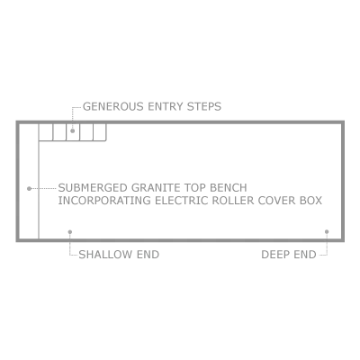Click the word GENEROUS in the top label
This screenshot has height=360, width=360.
click(112, 106)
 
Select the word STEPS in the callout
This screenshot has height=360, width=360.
click(204, 106)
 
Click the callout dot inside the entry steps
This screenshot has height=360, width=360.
click(72, 130)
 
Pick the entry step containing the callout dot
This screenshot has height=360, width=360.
click(73, 132)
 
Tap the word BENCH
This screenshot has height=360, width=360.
click(228, 188)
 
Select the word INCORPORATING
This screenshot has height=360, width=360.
click(104, 201)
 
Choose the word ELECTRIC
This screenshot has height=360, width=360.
click(182, 201)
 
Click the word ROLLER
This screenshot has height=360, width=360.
click(233, 201)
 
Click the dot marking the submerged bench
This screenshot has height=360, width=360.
click(29, 189)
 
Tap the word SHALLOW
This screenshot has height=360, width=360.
click(105, 255)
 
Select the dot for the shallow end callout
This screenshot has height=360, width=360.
click(70, 231)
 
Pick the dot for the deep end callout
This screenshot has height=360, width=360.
click(327, 231)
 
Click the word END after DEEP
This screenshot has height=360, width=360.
click(305, 255)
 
